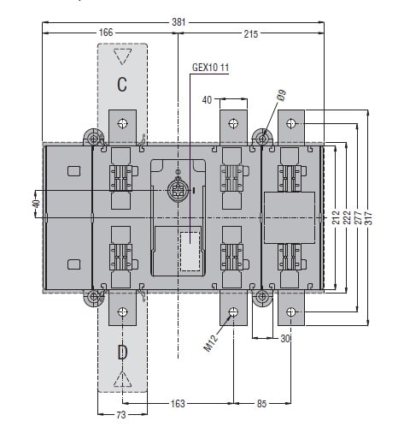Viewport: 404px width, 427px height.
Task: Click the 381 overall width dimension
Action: click(179, 22)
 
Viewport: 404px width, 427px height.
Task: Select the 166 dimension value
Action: click(106, 33)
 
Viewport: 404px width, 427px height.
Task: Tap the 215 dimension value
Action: click(251, 34)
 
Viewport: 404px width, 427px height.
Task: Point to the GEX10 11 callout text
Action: click(211, 68)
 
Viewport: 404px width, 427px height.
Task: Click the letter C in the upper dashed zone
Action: click(122, 84)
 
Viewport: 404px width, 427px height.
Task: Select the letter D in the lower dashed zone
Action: click(122, 352)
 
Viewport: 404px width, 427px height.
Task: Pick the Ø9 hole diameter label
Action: click(281, 96)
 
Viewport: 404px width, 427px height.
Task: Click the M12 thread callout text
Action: click(211, 342)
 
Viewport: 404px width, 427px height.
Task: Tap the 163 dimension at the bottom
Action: click(178, 403)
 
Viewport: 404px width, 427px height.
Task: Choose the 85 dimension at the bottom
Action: click(261, 403)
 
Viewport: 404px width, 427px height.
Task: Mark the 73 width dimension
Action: click(121, 414)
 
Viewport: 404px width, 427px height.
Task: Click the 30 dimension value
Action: click(285, 338)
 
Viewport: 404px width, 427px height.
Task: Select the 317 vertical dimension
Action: click(368, 218)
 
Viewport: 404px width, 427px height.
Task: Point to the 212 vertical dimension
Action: click(337, 217)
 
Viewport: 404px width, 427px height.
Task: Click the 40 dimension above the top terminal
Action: click(207, 100)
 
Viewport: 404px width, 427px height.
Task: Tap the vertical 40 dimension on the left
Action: click(37, 204)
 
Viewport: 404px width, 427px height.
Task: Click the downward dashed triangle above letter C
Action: click(122, 56)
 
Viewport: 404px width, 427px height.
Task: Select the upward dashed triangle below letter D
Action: click(122, 379)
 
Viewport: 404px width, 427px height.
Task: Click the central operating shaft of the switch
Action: click(178, 190)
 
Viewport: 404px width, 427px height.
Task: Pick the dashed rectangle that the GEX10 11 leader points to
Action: click(190, 251)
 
